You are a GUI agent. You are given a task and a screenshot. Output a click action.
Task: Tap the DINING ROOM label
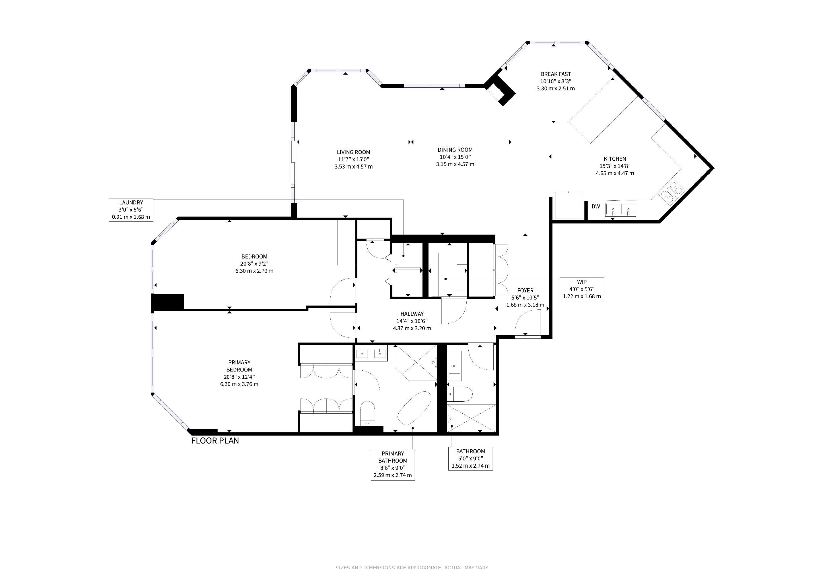(455, 150)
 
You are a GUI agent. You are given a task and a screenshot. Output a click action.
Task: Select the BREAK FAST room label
(556, 74)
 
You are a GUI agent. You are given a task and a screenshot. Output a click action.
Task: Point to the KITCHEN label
(615, 159)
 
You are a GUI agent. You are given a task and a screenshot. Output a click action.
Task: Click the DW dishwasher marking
(596, 206)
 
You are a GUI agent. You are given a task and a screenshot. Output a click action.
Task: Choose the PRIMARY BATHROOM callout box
(393, 464)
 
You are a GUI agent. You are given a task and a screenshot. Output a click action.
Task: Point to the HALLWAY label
(412, 314)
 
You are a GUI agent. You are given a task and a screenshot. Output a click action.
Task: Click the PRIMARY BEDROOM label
(239, 366)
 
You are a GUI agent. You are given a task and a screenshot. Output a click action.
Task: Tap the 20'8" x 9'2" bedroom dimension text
(254, 264)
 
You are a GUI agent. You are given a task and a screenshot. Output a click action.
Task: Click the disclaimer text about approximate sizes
(412, 568)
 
